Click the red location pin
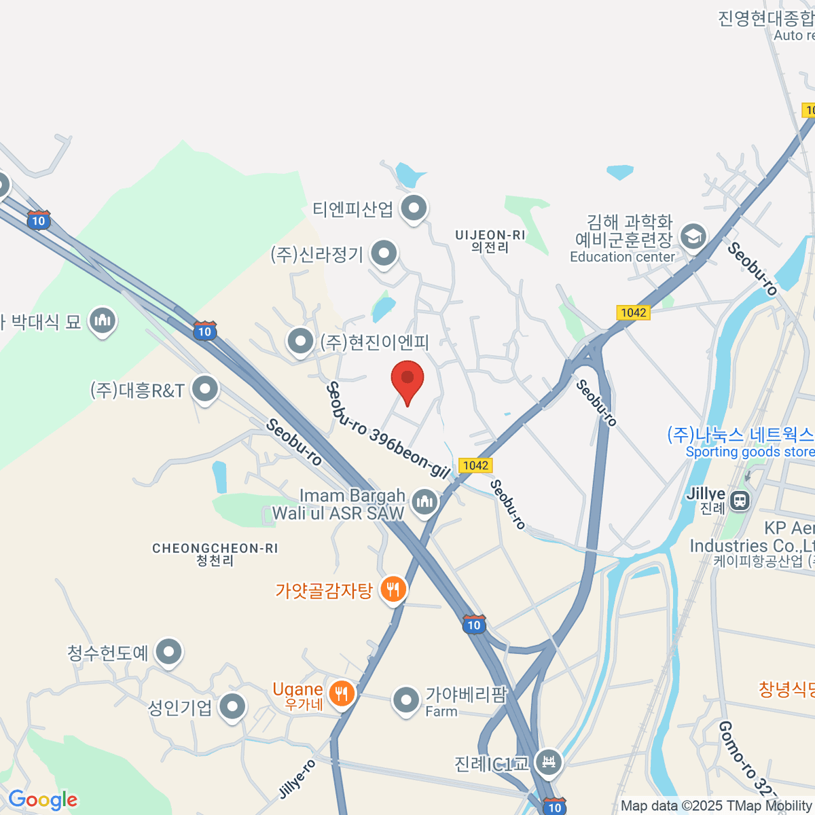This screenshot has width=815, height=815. tap(407, 378)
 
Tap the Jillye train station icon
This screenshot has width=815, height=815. tap(740, 501)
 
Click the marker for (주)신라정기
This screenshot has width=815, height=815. tap(384, 254)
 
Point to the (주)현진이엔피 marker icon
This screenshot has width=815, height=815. tap(300, 342)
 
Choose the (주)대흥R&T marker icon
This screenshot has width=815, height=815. tap(204, 389)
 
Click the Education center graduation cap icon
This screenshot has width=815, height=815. tap(693, 237)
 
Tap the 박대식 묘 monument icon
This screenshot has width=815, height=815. tap(103, 321)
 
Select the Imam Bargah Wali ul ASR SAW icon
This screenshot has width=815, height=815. tap(425, 503)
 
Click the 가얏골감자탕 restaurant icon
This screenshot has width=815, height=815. tap(393, 589)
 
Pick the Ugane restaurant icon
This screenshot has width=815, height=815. tap(341, 693)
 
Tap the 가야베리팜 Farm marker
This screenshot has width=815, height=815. tap(406, 700)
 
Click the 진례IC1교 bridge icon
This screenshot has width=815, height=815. tap(548, 761)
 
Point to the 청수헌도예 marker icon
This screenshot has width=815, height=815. tap(168, 652)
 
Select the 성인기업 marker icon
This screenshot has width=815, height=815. tap(233, 706)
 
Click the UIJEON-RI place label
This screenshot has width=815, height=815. tap(490, 241)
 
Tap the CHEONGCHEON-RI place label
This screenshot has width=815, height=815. tap(215, 554)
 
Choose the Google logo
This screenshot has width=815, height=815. tap(42, 800)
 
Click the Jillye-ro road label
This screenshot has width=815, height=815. tap(297, 779)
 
